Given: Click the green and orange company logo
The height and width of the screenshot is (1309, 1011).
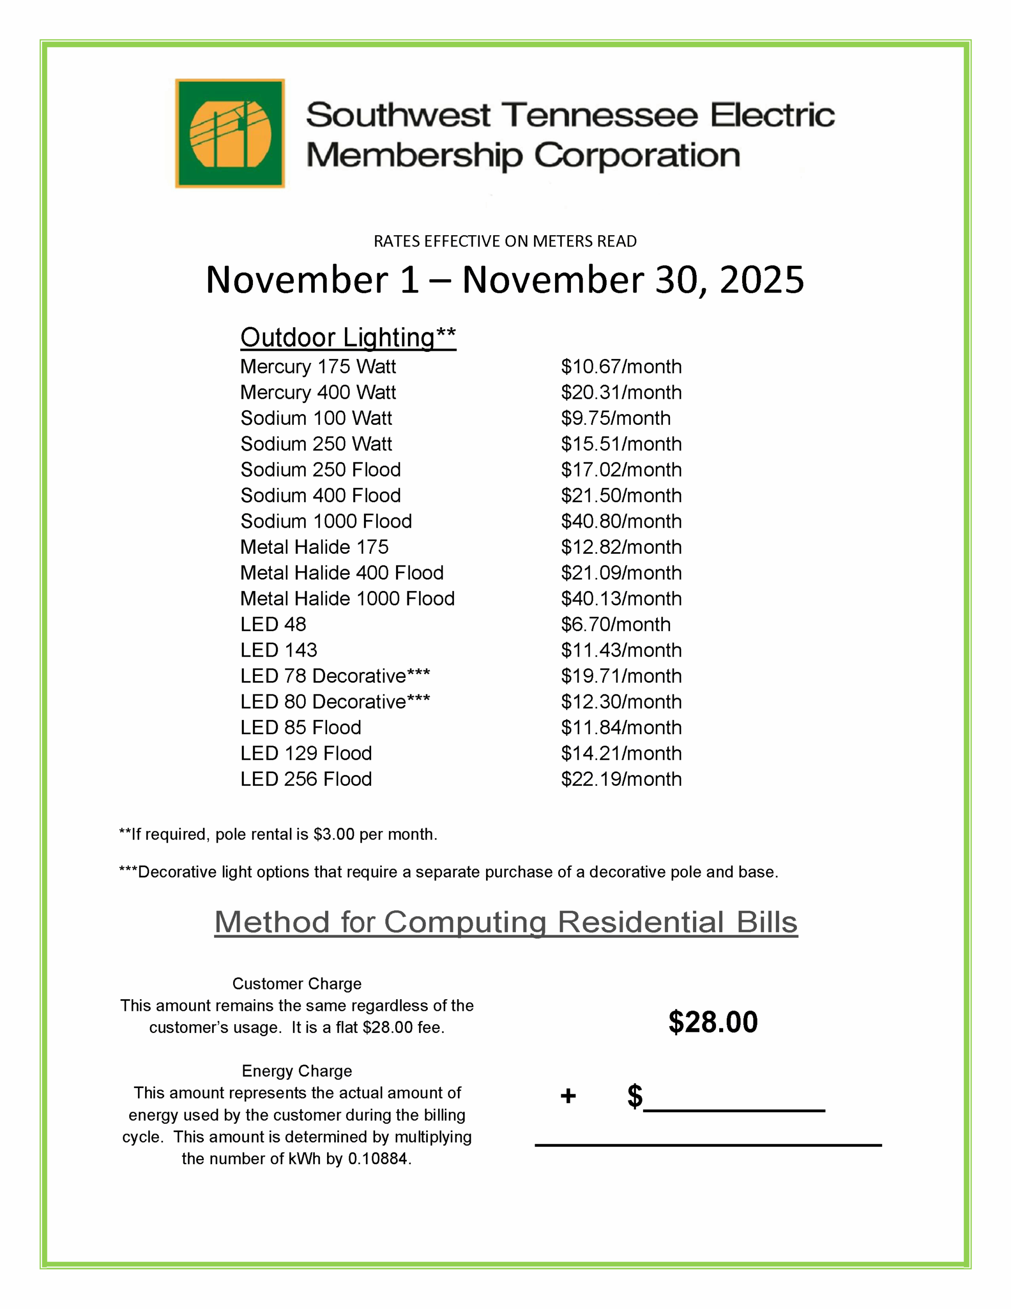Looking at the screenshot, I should (x=229, y=133).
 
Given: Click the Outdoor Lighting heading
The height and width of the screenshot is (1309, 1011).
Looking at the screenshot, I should (x=348, y=337).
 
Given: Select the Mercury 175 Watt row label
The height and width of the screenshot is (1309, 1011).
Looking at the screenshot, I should (x=317, y=366).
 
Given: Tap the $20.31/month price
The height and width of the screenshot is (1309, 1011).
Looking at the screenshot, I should (x=621, y=392).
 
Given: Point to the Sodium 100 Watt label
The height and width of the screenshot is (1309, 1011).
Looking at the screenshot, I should (x=316, y=418).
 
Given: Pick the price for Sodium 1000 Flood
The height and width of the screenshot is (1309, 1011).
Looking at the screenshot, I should (x=621, y=521).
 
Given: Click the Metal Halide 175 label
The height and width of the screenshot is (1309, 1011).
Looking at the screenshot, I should (x=314, y=547).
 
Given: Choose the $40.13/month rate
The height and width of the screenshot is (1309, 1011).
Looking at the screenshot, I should (x=621, y=598).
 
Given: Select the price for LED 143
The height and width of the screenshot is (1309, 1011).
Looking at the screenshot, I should (x=621, y=650).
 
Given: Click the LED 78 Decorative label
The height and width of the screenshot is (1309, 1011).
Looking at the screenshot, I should (x=334, y=675).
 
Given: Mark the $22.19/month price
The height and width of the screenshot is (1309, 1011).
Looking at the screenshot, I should (x=621, y=779).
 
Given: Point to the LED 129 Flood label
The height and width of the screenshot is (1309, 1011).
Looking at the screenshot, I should (x=306, y=753).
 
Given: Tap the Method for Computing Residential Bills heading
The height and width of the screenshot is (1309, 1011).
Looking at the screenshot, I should (x=506, y=921).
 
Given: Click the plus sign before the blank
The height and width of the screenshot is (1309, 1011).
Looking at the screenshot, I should (x=567, y=1096).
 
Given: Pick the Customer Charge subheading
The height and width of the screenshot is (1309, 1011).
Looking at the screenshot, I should (x=296, y=984).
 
